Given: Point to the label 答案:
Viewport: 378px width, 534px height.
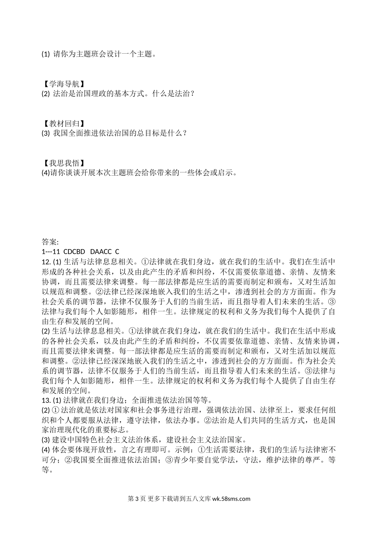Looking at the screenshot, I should point(50,242).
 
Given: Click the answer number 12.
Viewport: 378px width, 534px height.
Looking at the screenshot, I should point(46,261).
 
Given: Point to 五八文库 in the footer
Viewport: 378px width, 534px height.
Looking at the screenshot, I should point(201,499).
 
